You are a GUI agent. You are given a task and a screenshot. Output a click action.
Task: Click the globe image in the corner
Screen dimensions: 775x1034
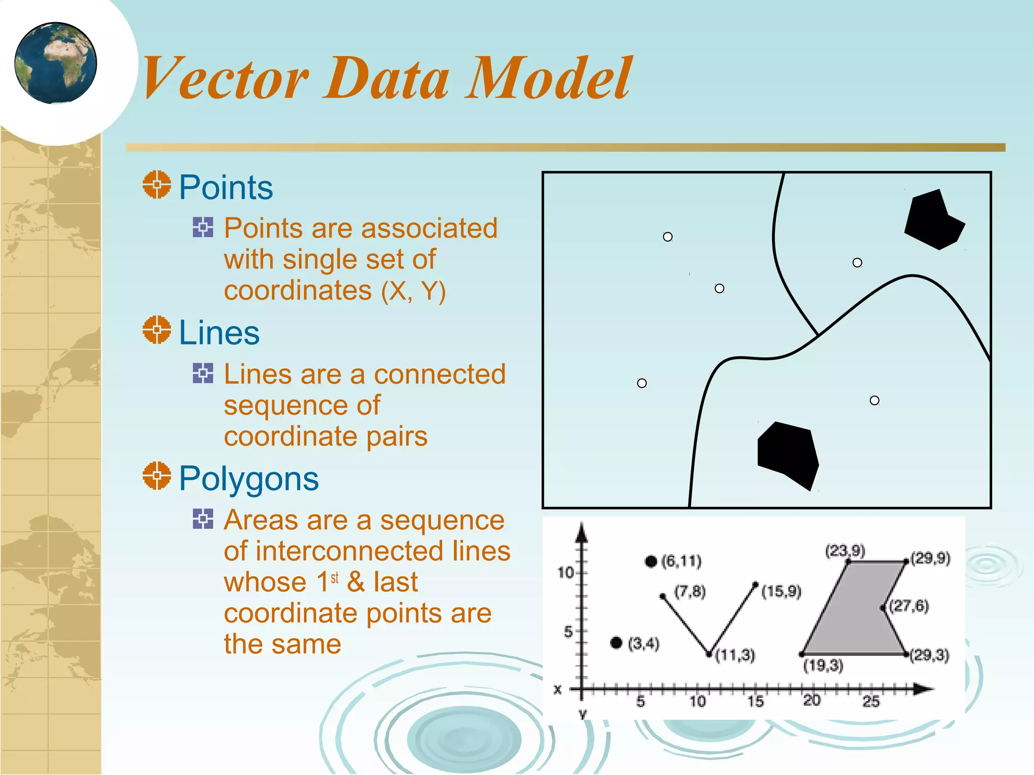point(56,63)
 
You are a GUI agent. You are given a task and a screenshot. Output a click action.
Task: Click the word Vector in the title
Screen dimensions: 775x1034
point(225,78)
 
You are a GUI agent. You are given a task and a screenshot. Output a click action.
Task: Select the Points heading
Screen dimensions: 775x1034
point(226,188)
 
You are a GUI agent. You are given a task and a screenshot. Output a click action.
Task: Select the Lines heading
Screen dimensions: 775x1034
point(219,333)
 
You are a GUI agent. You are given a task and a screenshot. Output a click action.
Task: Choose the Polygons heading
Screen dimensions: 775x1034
point(248,478)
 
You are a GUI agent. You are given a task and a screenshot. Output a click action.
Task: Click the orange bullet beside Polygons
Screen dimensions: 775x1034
point(157,475)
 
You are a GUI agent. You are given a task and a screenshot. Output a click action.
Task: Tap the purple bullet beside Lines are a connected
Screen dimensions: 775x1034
point(203,373)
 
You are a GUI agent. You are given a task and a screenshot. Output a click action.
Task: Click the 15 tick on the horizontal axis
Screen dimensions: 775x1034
point(755,701)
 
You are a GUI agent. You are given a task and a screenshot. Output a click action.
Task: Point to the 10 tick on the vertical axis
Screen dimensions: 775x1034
point(566,573)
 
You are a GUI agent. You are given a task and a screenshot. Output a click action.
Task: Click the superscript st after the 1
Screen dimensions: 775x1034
point(335,578)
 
